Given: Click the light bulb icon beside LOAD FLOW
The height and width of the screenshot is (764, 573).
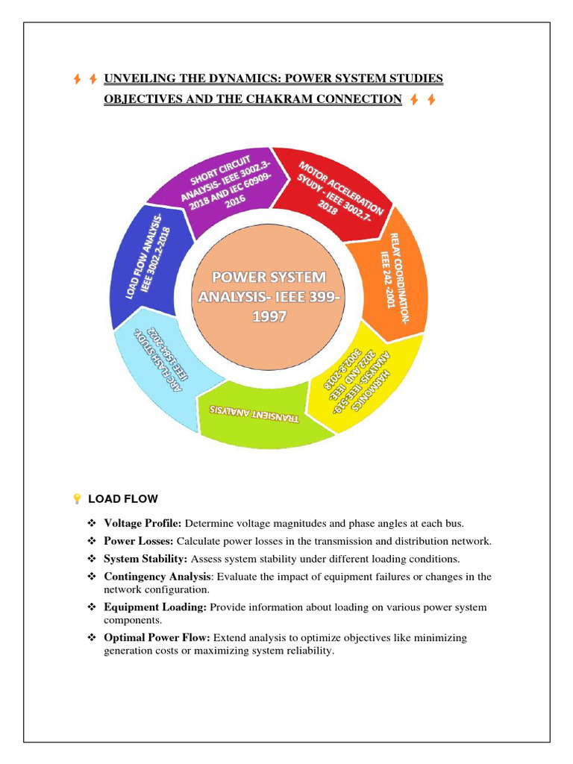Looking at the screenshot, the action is click(x=76, y=498).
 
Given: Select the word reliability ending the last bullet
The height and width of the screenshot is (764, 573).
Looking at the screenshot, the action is click(x=307, y=651).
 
